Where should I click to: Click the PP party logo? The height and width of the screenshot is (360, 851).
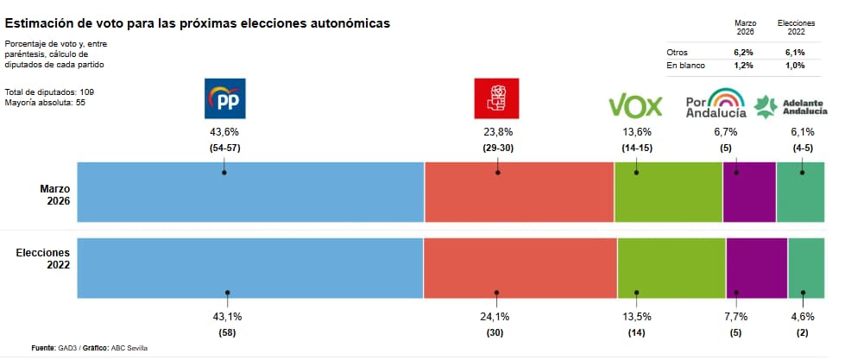click(224, 98)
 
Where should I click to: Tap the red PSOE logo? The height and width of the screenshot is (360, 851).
click(497, 98)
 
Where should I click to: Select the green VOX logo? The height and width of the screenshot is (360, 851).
click(635, 106)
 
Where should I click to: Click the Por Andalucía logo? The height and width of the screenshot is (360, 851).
click(715, 104)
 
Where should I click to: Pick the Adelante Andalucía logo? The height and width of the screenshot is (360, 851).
click(791, 105)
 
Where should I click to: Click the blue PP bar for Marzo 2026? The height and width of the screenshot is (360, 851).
click(250, 192)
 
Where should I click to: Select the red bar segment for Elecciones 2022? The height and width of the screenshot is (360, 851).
click(520, 268)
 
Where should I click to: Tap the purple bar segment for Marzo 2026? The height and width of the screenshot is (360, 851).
click(748, 192)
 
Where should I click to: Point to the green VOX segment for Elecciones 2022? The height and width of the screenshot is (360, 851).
click(671, 268)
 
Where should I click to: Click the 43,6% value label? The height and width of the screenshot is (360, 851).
click(224, 132)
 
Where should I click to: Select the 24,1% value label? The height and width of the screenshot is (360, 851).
click(495, 317)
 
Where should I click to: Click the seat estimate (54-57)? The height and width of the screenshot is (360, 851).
click(224, 148)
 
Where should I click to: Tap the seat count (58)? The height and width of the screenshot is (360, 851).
click(226, 332)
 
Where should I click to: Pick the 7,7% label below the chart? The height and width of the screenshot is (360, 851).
click(735, 317)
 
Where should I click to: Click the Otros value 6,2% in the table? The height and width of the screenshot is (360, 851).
click(744, 53)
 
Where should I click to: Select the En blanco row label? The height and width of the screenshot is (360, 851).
click(686, 66)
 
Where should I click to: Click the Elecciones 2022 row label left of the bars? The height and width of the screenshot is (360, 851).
click(43, 258)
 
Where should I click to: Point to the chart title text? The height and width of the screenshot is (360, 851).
click(198, 22)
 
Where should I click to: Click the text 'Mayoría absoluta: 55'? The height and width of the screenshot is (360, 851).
click(45, 103)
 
